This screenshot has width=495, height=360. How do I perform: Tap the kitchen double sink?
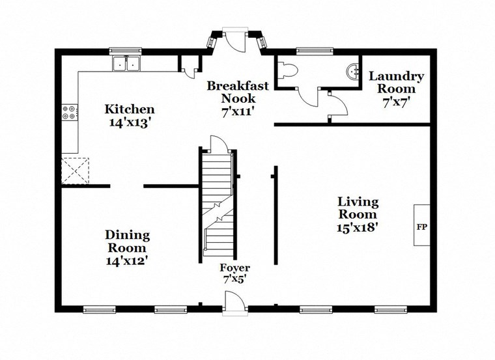(x=127, y=64)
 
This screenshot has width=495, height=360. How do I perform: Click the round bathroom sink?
(x=352, y=71)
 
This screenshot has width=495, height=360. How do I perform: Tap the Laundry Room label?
(x=396, y=82)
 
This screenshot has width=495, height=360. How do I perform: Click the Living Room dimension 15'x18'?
(x=358, y=228)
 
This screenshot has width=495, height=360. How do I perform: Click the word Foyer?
(x=234, y=268)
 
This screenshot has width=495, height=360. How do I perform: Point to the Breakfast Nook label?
(x=238, y=91)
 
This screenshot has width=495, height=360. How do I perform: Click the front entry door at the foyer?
(x=234, y=303)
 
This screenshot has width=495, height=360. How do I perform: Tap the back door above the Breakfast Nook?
(x=234, y=39)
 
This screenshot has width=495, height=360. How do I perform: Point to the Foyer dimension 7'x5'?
(x=234, y=279)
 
